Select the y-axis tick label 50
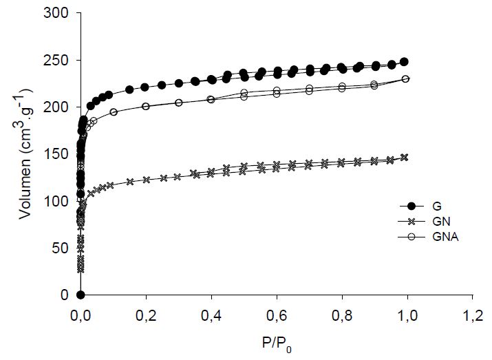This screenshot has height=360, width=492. [63, 248]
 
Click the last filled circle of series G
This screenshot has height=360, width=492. [404, 61]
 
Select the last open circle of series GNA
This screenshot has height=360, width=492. [405, 78]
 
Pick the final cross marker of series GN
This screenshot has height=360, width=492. [404, 157]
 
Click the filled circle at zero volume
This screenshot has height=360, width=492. [81, 295]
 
